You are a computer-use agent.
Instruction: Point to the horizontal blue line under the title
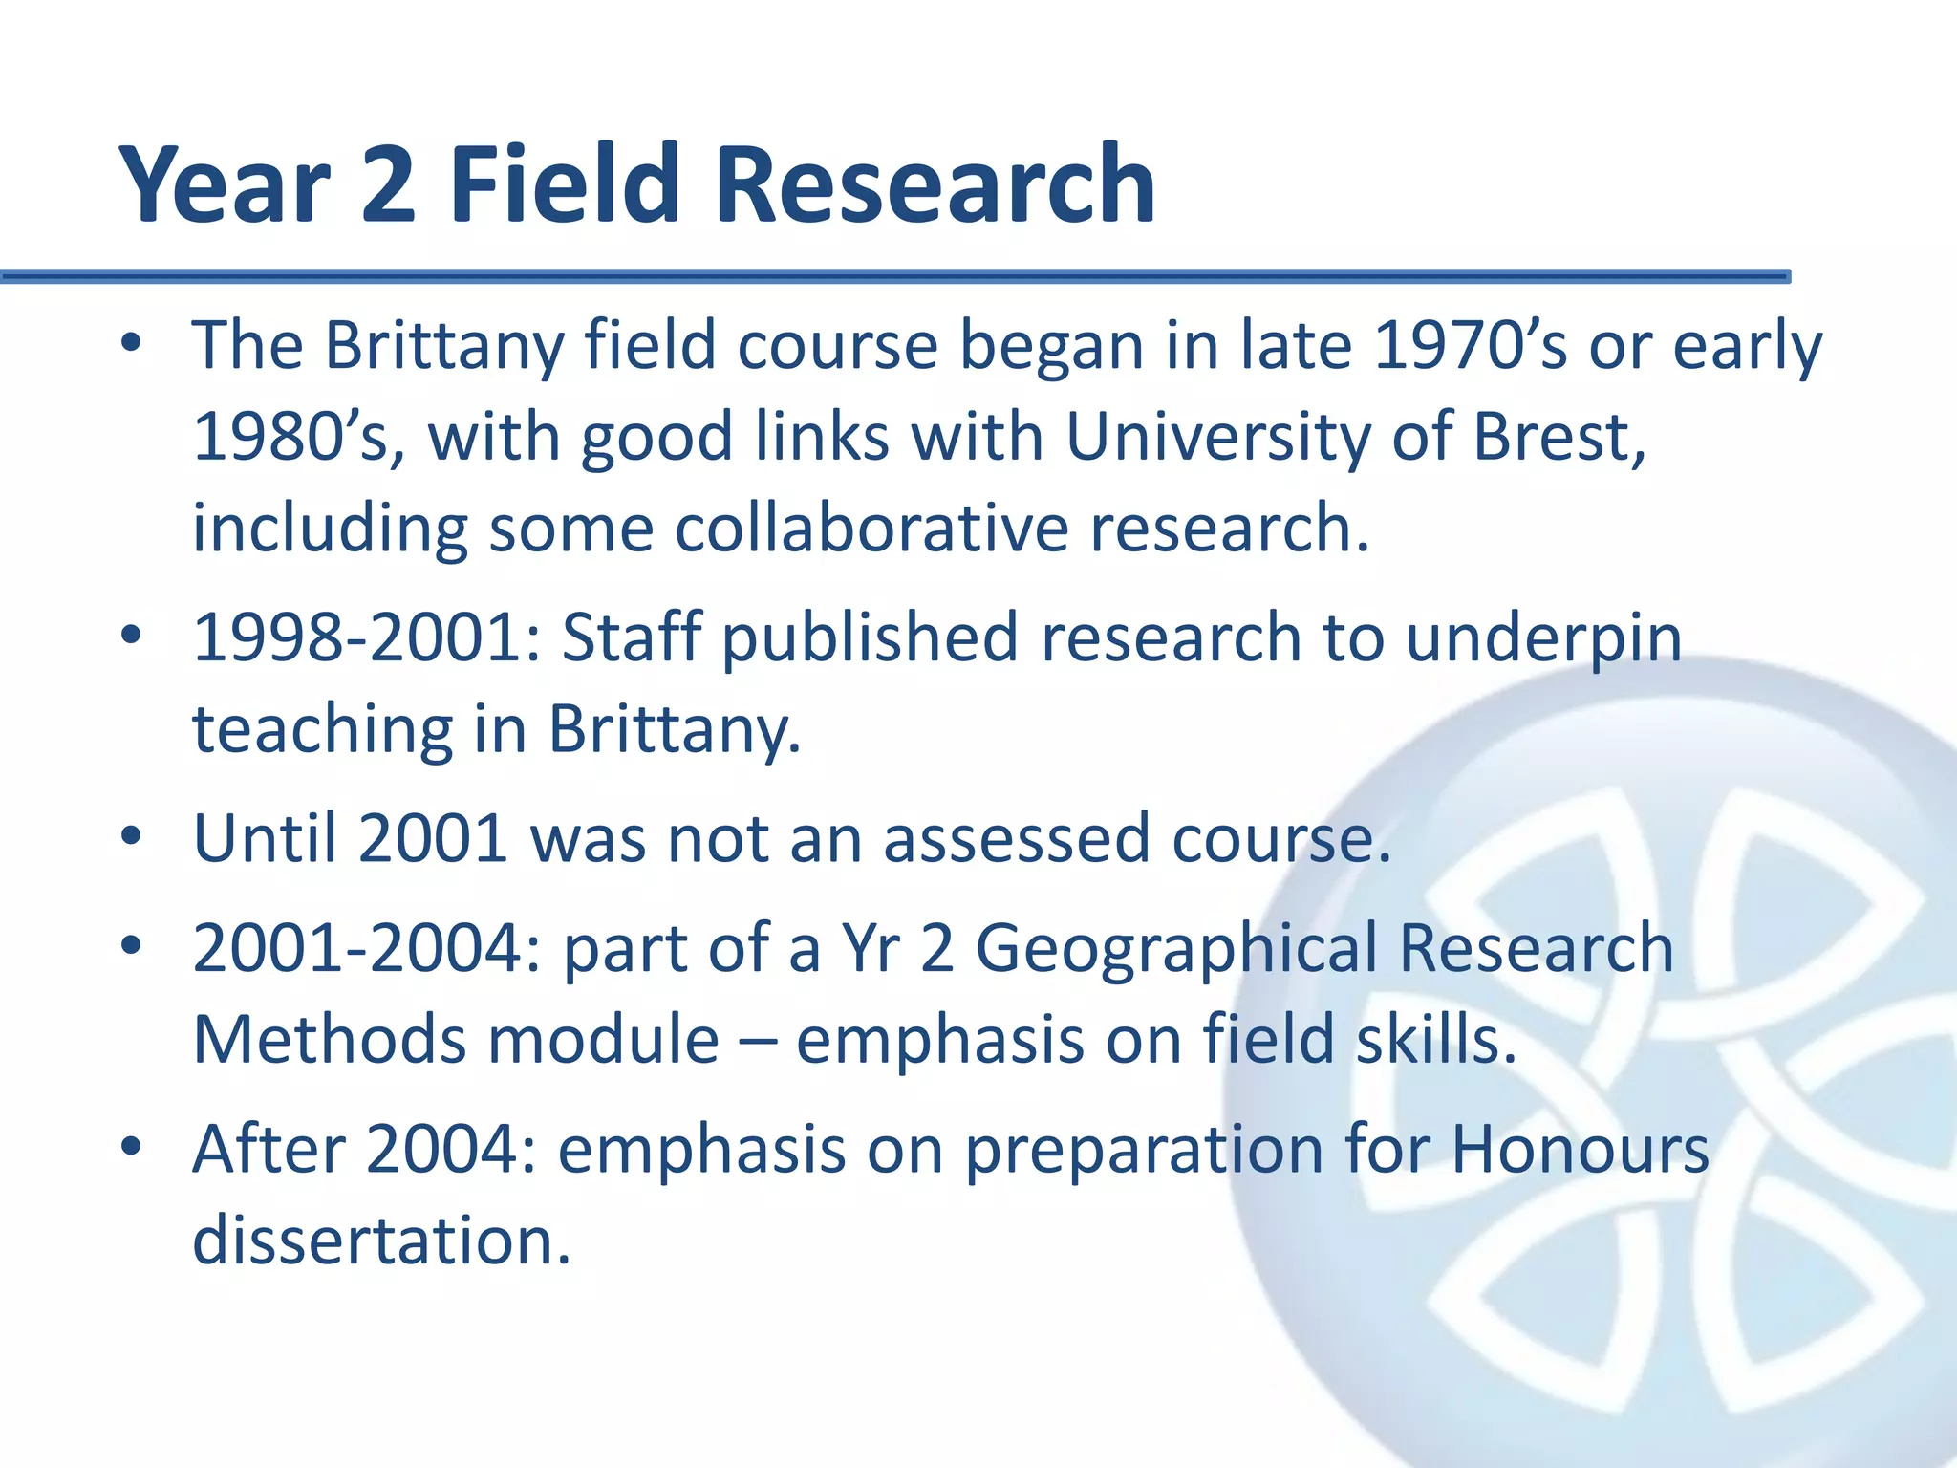894,277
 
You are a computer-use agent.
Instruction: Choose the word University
1216,437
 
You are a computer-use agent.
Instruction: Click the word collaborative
871,528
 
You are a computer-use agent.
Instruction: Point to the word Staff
631,637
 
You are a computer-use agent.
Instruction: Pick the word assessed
1016,838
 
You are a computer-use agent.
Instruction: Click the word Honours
1580,1149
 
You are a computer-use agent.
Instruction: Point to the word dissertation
380,1240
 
